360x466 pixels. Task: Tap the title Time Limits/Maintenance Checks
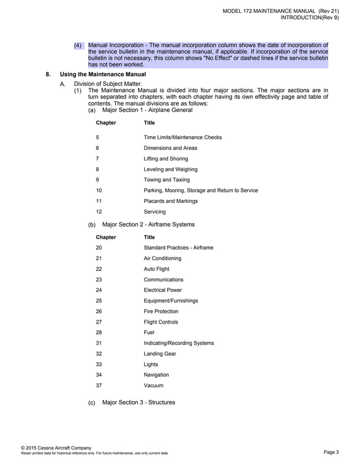(x=183, y=137)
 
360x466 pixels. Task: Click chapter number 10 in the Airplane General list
(x=99, y=190)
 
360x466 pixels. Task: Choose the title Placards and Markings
(x=170, y=201)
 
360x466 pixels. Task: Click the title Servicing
(x=155, y=212)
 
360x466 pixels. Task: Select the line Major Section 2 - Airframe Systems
(x=148, y=224)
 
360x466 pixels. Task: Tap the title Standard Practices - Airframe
(x=178, y=247)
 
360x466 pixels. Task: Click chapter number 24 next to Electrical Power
(x=99, y=290)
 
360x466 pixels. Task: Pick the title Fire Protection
(x=161, y=311)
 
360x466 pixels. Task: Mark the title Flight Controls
(x=161, y=322)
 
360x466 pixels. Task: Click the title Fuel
(x=149, y=332)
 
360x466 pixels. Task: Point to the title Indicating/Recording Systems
(x=179, y=343)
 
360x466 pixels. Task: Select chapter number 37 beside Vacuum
(x=99, y=385)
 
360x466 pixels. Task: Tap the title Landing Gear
(x=160, y=354)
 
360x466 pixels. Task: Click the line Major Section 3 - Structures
(x=138, y=402)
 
